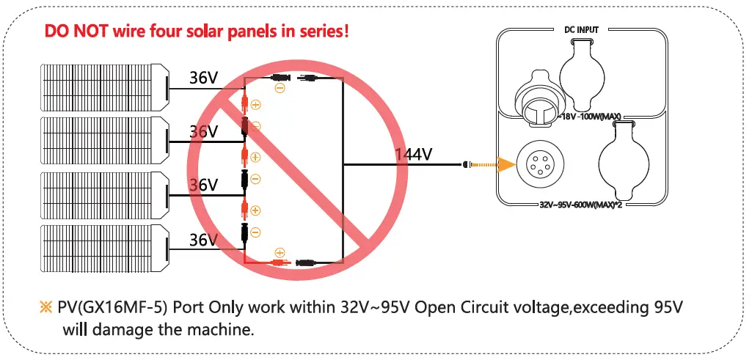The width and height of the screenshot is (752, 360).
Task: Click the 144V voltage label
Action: (414, 155)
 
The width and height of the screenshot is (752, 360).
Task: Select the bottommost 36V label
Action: (203, 240)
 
